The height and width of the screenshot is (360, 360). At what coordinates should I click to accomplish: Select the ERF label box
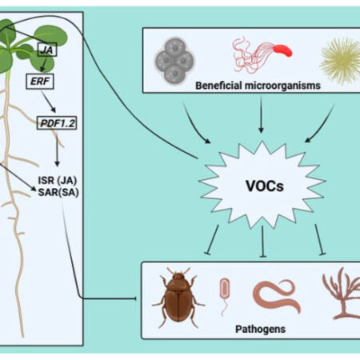[53, 80]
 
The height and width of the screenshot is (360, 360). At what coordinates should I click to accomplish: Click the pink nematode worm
[275, 293]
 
